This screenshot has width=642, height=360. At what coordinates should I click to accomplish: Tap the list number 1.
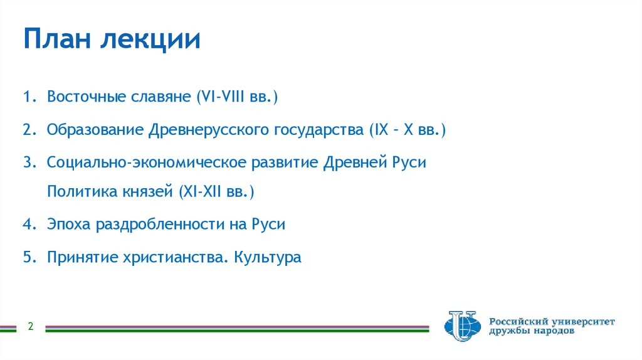click(x=28, y=98)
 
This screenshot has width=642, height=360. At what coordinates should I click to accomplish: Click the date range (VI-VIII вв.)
click(x=237, y=98)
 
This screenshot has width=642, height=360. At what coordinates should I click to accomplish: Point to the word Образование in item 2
click(x=94, y=130)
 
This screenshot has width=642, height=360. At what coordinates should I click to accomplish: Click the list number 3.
click(x=28, y=162)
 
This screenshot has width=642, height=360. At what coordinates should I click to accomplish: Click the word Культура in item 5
click(x=268, y=257)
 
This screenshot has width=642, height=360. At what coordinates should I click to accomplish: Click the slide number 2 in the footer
click(x=29, y=327)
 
